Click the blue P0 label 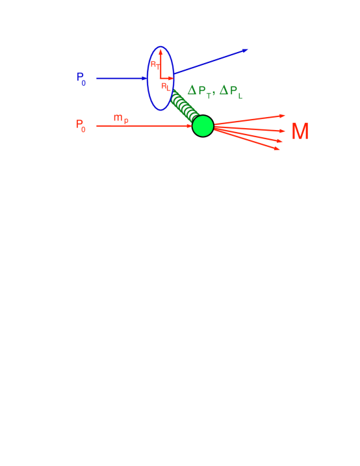coord(81,77)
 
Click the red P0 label coord(81,124)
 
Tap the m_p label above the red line coord(120,117)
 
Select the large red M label coord(300,132)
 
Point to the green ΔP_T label coord(195,90)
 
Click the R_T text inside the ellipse coord(155,64)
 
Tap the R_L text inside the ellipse coord(165,86)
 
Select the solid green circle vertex coord(203,126)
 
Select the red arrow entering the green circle coord(143,126)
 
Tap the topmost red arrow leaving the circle coord(250,120)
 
